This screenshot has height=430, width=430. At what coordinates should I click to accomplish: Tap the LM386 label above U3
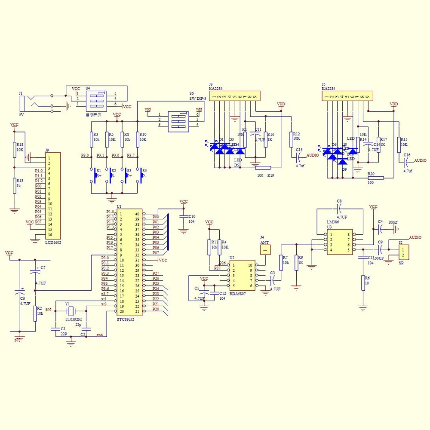click(x=333, y=222)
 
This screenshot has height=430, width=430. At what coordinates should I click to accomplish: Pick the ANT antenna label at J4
click(x=265, y=243)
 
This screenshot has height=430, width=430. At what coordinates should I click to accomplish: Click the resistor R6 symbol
click(x=363, y=283)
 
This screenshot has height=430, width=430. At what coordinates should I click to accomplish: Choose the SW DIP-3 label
click(x=198, y=98)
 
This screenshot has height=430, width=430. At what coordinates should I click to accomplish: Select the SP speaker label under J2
click(x=401, y=261)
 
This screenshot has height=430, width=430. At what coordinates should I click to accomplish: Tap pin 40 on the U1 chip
click(x=137, y=214)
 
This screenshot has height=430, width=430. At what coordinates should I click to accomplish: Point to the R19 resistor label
click(x=270, y=175)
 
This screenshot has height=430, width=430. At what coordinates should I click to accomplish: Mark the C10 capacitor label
click(x=192, y=216)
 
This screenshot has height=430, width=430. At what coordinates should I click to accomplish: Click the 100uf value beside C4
click(x=393, y=222)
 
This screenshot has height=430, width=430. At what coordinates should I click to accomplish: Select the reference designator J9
click(x=47, y=150)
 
